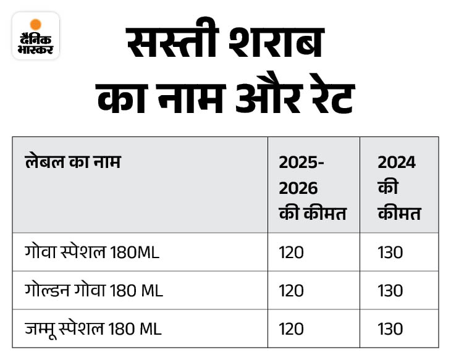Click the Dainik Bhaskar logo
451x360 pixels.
(36, 36)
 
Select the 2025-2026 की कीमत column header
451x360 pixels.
(312, 188)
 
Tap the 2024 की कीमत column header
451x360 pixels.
(398, 188)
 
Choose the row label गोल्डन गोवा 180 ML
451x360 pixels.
(94, 290)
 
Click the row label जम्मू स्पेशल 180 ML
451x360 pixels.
(93, 329)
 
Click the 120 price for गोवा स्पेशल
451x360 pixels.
(292, 253)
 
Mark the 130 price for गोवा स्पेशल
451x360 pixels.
(390, 253)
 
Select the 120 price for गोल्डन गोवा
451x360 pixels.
(292, 291)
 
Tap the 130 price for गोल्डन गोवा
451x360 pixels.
(390, 291)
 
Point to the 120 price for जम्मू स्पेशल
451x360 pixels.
(292, 329)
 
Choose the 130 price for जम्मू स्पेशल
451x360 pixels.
(390, 329)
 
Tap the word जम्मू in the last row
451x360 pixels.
(40, 329)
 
